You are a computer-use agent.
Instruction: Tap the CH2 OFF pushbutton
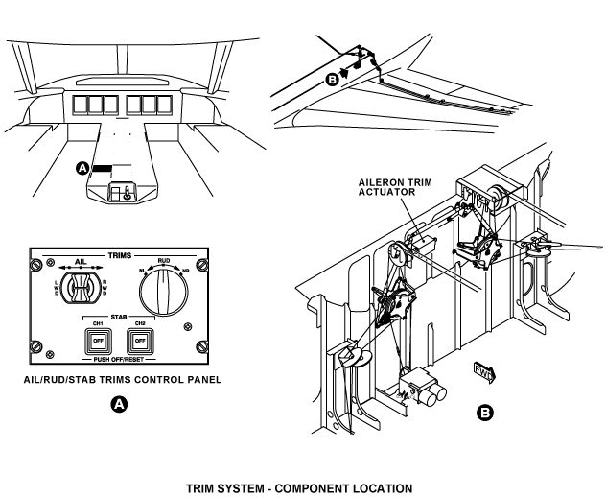click(x=141, y=340)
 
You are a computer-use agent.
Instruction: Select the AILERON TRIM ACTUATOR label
click(x=387, y=185)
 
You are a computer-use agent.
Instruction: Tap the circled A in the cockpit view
click(x=83, y=168)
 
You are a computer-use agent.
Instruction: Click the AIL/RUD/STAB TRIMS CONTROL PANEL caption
click(x=122, y=379)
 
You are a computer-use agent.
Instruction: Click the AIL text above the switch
click(x=83, y=261)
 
